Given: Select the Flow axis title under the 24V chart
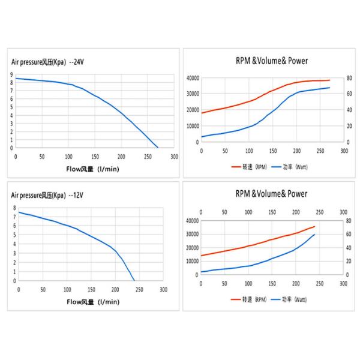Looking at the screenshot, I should (93, 169).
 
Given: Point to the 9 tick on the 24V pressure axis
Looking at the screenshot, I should (11, 75).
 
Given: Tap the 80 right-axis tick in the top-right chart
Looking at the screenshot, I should (350, 78).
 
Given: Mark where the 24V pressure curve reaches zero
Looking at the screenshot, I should (158, 147).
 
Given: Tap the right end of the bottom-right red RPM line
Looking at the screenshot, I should (314, 226).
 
